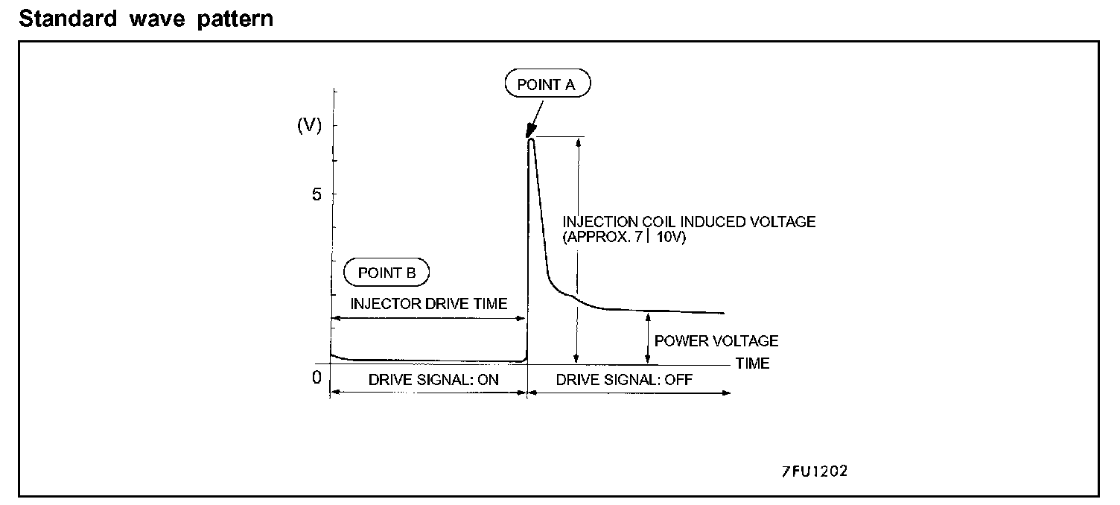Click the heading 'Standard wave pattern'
click(x=147, y=19)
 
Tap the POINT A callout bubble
click(x=547, y=85)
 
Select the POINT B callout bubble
click(x=387, y=273)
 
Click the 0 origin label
click(x=316, y=377)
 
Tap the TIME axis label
click(x=752, y=364)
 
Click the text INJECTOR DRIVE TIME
click(x=429, y=304)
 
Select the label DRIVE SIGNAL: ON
click(x=433, y=380)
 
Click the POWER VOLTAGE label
click(x=716, y=341)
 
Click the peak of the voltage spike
click(x=531, y=139)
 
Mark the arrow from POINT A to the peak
click(x=538, y=118)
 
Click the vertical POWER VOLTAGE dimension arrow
click(x=649, y=338)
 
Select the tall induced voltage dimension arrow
click(x=576, y=250)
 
